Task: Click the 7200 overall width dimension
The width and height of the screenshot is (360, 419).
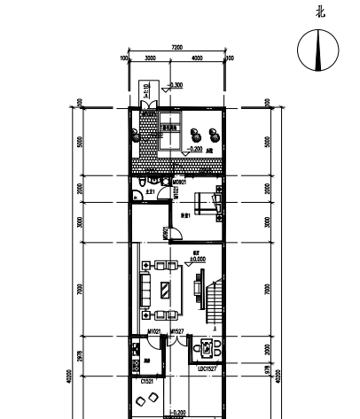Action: [x=176, y=46]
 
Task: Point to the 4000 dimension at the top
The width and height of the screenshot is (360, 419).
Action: [x=196, y=58]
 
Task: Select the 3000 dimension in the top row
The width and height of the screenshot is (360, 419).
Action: [x=150, y=58]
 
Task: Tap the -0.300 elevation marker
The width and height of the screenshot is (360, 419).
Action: [x=176, y=85]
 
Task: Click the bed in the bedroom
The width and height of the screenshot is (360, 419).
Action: [x=210, y=203]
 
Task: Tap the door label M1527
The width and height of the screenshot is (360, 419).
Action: [x=176, y=331]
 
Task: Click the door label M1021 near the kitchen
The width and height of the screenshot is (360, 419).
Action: [x=153, y=331]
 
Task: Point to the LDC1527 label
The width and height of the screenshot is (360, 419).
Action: [x=208, y=368]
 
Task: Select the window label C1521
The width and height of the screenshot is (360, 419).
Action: [x=147, y=380]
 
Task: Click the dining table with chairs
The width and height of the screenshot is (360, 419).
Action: [x=209, y=348]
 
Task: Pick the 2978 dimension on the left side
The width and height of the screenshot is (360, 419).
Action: [x=80, y=357]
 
